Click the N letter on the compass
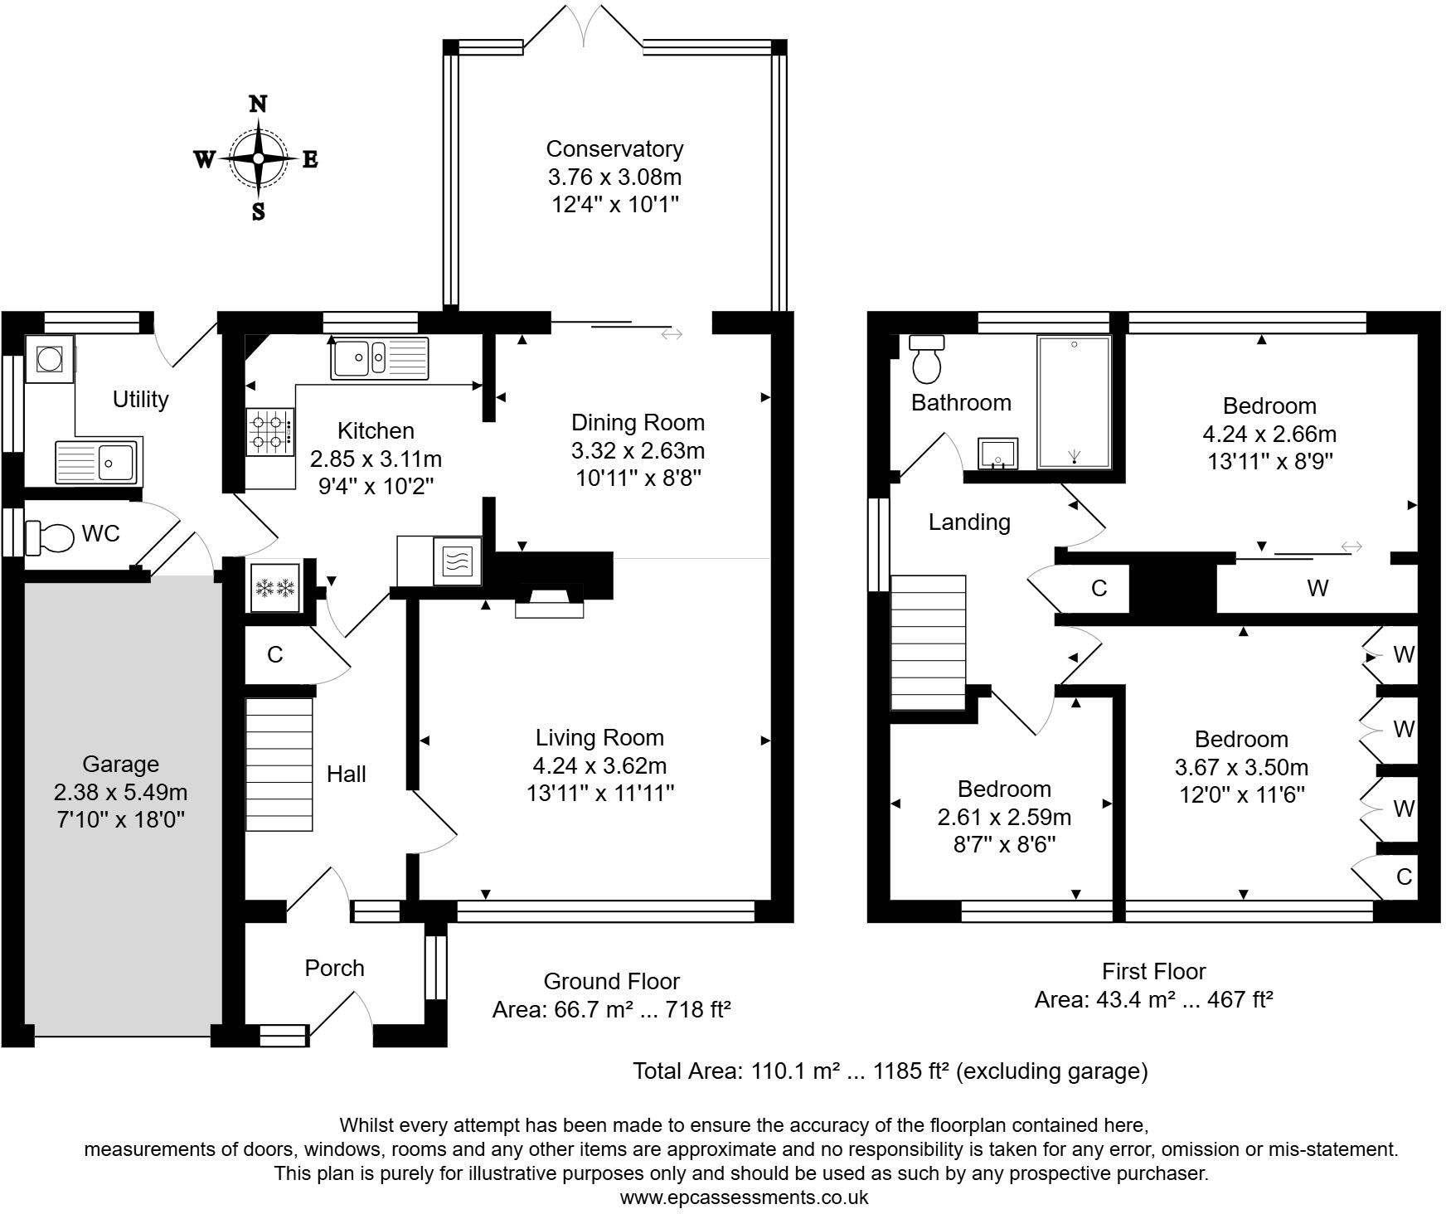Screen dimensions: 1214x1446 259,104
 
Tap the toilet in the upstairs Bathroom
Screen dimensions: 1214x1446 926,358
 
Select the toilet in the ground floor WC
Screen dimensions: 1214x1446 51,537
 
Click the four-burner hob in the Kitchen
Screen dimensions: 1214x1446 269,431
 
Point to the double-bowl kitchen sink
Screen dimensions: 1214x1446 379,358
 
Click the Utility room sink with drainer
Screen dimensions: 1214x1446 98,461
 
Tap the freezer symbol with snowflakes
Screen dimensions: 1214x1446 275,588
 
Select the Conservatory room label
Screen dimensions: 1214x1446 614,149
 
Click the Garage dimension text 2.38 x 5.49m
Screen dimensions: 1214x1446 120,792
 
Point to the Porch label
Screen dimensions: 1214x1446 334,968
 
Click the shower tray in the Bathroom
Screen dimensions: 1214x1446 1074,402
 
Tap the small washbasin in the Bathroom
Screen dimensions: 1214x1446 998,454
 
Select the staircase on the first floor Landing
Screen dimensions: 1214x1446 929,643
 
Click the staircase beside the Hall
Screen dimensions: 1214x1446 279,764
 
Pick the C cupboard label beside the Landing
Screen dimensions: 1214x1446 1099,589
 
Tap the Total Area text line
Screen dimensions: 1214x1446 890,1071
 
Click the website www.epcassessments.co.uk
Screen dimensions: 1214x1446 744,1197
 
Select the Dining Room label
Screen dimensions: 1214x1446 638,423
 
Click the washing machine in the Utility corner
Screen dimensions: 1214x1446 50,359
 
